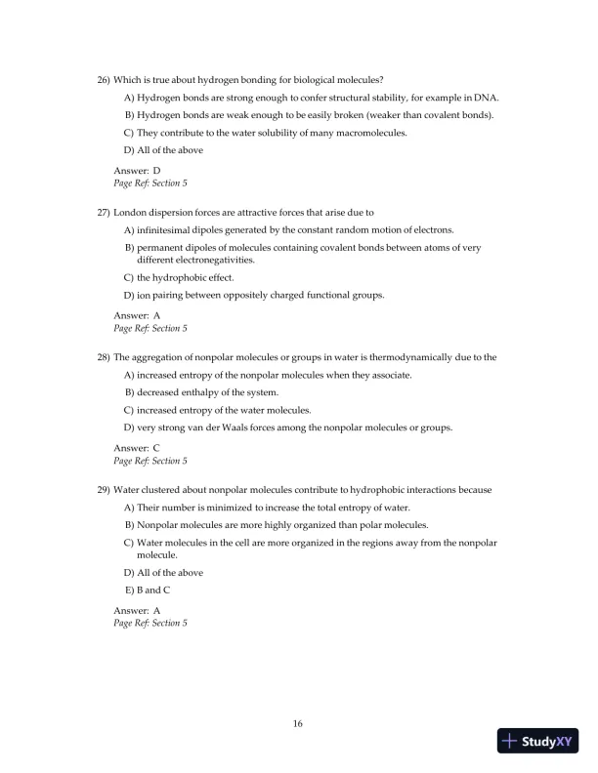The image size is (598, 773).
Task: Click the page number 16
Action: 298,723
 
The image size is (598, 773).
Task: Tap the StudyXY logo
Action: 535,742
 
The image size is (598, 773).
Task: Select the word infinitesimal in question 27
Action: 168,230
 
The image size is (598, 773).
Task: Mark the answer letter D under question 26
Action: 156,171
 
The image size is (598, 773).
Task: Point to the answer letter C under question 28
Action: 156,448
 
